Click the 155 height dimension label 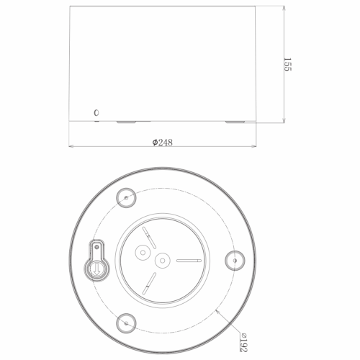click(x=287, y=64)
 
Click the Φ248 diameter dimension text click(x=163, y=143)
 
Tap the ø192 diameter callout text click(x=243, y=342)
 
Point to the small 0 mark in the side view click(x=96, y=113)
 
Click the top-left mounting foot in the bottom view click(x=126, y=198)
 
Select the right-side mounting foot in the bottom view click(x=235, y=261)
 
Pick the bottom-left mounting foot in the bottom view click(x=126, y=323)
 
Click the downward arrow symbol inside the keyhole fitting click(x=96, y=269)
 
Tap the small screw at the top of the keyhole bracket click(x=97, y=247)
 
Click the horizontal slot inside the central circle click(x=189, y=261)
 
